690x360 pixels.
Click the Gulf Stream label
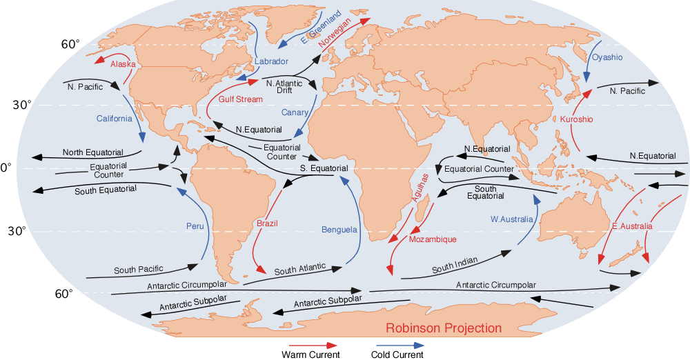click(x=241, y=99)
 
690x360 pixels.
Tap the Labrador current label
click(x=271, y=61)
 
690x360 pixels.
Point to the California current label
click(x=114, y=119)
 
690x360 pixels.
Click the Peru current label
click(x=195, y=226)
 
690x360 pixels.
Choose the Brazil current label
click(x=267, y=223)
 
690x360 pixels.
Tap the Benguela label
click(x=339, y=229)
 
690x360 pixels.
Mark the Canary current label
click(x=295, y=112)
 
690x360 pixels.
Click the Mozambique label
click(x=433, y=239)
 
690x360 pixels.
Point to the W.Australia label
click(x=512, y=219)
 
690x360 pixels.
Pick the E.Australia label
click(x=632, y=226)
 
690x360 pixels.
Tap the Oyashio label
click(x=607, y=57)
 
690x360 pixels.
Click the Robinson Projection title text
click(x=444, y=328)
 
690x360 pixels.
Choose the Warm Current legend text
click(x=310, y=354)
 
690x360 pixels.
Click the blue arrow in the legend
click(x=400, y=344)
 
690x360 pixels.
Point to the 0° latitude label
click(x=3, y=168)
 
